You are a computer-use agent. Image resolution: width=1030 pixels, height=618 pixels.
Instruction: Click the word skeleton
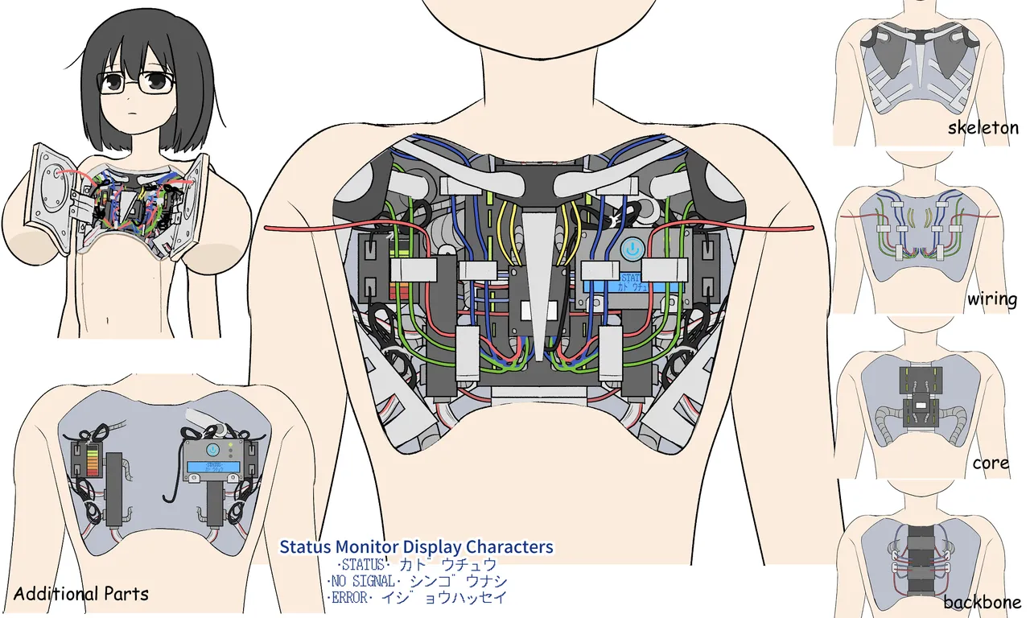(x=983, y=128)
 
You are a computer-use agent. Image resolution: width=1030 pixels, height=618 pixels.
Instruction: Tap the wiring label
(x=992, y=299)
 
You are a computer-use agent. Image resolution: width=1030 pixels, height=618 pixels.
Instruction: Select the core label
(x=991, y=463)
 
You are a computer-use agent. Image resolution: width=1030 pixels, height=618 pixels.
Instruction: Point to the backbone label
(x=982, y=602)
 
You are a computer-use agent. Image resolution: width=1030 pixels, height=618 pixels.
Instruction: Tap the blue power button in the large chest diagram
(x=632, y=249)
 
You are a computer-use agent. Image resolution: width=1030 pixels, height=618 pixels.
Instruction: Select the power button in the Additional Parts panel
(x=212, y=450)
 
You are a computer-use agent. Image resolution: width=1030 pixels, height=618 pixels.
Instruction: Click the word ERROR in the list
(x=350, y=598)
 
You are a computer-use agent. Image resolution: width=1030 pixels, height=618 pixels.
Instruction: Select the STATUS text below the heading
(x=363, y=565)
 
